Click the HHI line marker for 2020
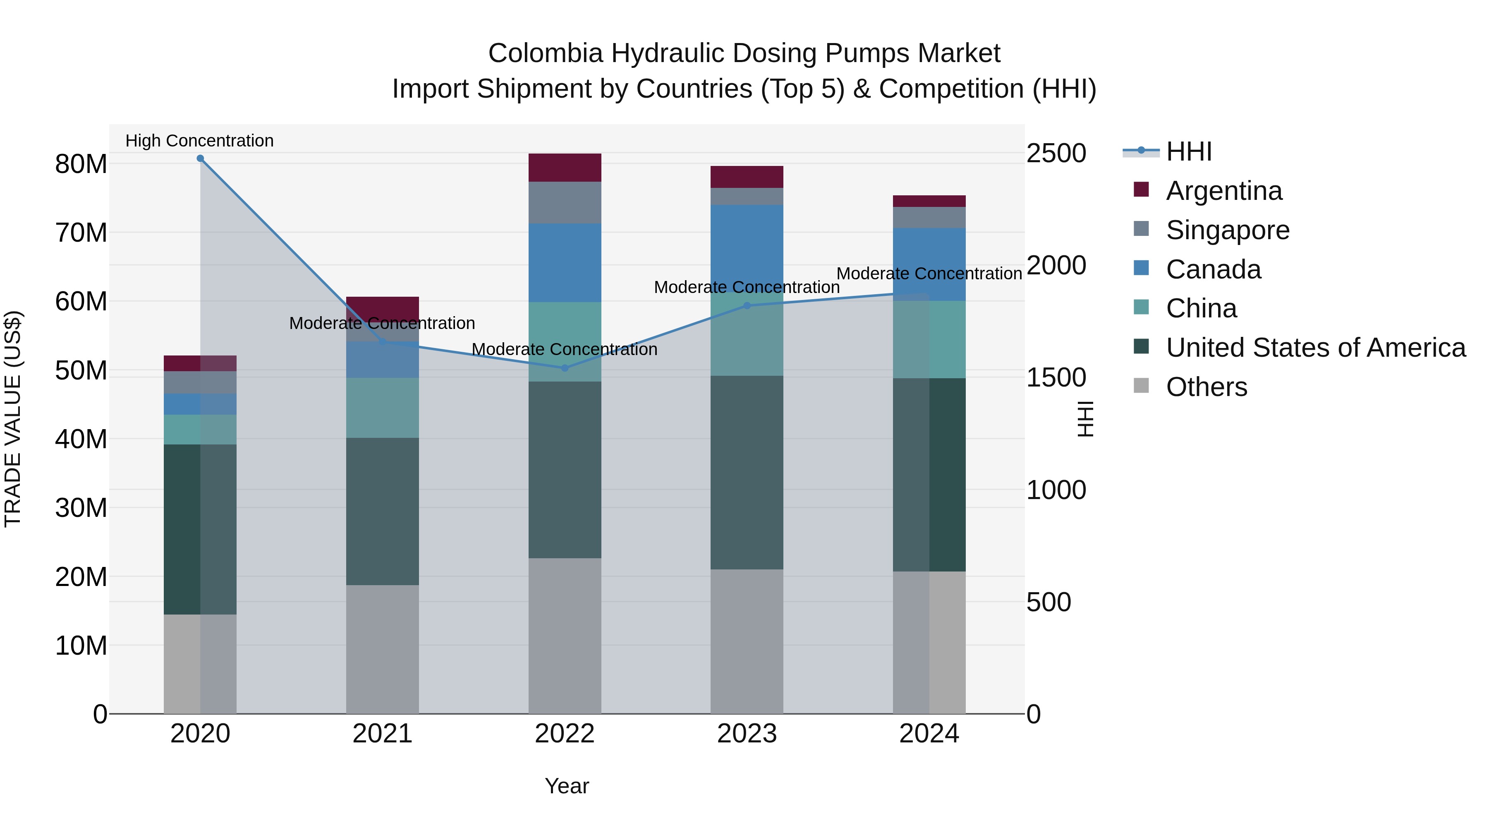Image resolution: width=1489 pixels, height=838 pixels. tap(200, 158)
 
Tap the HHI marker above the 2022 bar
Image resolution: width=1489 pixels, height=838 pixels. tap(565, 368)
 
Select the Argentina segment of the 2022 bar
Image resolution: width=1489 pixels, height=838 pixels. tap(565, 168)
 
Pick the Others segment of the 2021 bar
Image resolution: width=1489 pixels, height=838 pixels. tap(382, 649)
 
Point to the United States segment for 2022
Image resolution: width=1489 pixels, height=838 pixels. tap(565, 470)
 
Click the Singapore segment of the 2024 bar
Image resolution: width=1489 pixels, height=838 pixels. tap(929, 217)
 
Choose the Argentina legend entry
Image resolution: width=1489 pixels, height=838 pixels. tap(1224, 191)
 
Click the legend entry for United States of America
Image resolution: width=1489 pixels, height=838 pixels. tap(1315, 348)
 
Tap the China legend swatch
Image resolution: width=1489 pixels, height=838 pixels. tap(1141, 307)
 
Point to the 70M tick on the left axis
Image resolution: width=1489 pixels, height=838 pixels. tap(81, 233)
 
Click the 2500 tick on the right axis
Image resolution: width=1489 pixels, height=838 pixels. tap(1056, 154)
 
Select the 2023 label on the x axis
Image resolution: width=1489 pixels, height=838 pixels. tap(747, 734)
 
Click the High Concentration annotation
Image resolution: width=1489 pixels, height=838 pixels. tap(199, 141)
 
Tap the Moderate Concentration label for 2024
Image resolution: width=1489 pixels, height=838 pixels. tap(929, 274)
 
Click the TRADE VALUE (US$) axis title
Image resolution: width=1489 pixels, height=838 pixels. tap(13, 419)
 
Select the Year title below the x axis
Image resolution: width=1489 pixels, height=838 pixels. tap(567, 786)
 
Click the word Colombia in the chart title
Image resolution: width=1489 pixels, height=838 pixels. tap(545, 53)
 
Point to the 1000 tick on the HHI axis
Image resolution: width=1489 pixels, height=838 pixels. tap(1056, 490)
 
